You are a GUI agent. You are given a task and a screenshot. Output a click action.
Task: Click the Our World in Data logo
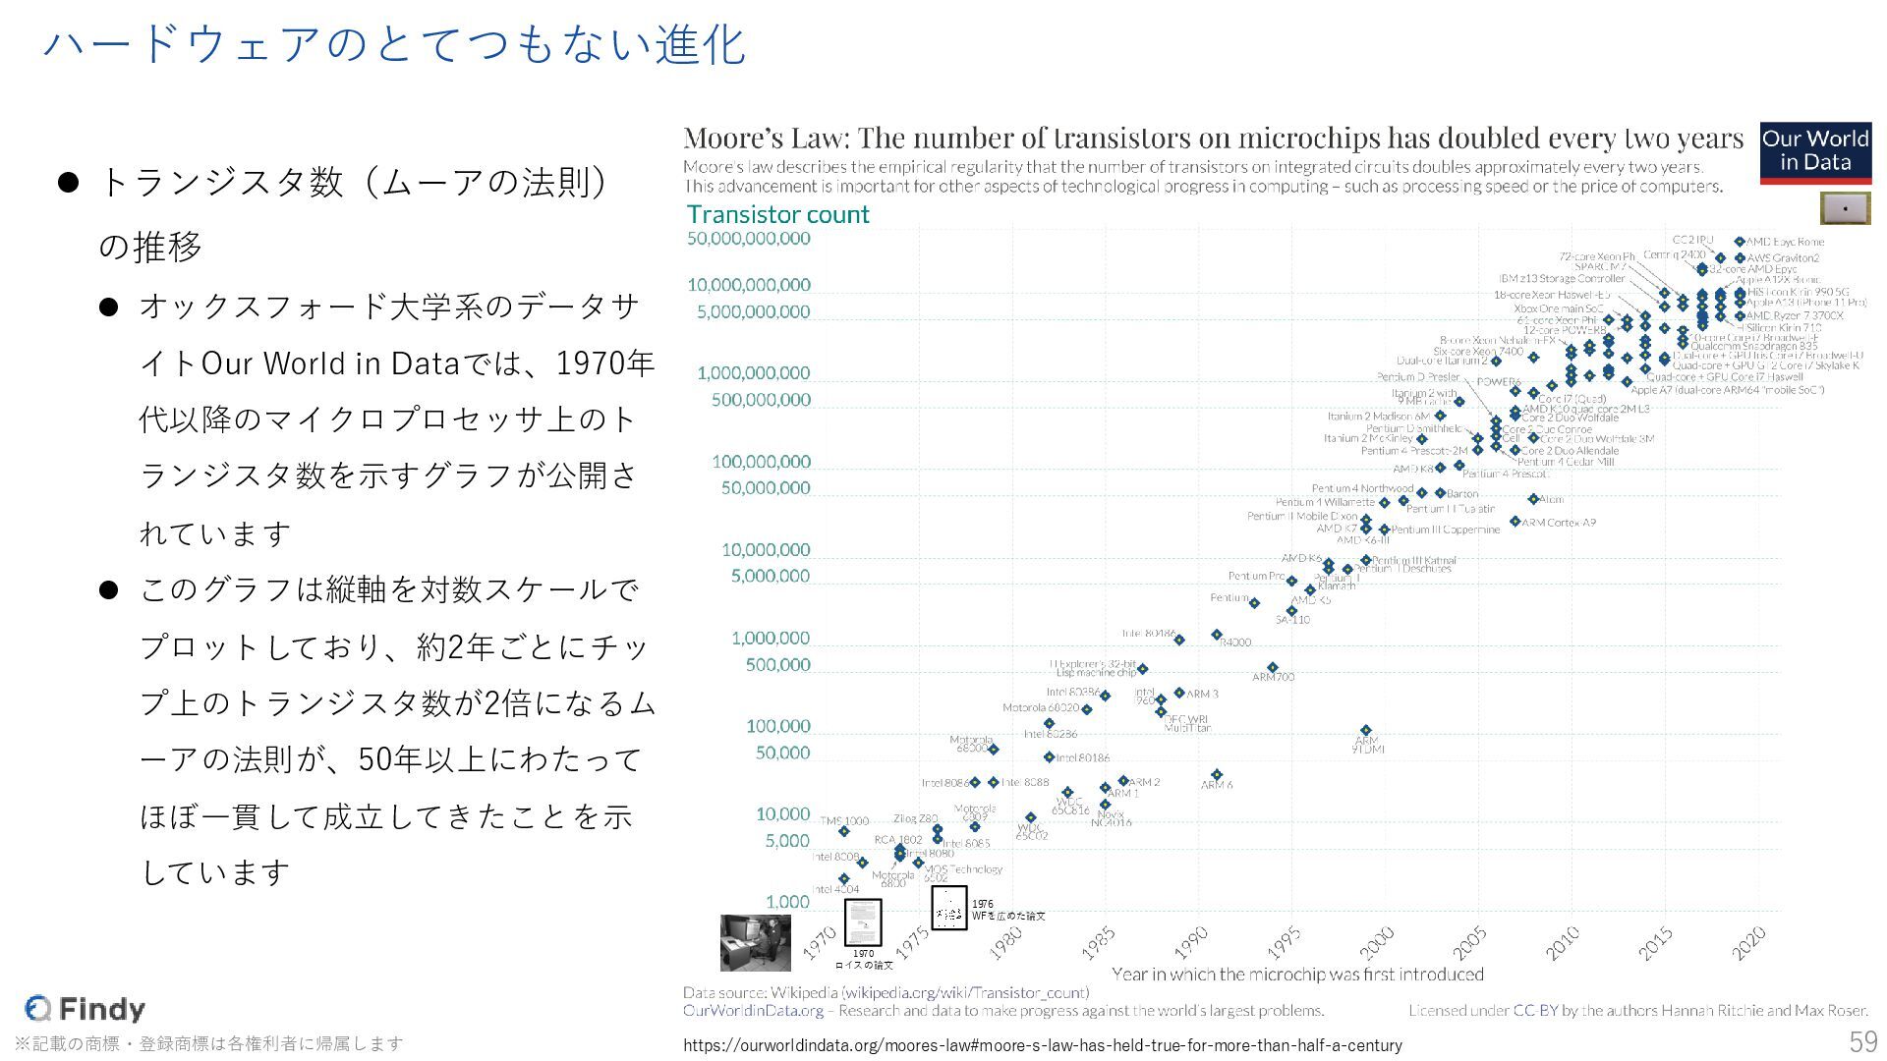1815,152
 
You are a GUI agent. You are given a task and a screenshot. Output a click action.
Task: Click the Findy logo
86,1008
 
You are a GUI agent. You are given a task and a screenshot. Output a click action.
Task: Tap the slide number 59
1862,1041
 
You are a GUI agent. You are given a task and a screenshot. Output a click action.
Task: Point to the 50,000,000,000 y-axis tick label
749,239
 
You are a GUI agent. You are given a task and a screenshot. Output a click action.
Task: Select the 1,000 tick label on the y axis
787,902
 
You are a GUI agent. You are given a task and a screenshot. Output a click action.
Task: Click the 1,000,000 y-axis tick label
771,639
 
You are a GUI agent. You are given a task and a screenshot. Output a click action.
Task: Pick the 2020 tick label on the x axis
1749,943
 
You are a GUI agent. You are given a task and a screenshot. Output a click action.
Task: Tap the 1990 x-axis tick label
1191,943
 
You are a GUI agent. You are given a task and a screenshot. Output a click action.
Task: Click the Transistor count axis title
777,214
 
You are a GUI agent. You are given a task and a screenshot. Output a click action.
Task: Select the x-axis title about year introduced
1297,975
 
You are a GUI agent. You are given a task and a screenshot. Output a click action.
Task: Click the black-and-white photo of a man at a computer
755,942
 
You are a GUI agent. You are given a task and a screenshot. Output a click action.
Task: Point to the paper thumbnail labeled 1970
863,922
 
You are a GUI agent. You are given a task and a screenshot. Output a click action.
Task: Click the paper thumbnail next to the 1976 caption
948,908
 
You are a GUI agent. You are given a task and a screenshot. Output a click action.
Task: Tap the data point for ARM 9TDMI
1365,731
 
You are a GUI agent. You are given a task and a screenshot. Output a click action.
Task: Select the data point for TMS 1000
844,832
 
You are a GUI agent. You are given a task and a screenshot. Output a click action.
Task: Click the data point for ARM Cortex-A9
1515,522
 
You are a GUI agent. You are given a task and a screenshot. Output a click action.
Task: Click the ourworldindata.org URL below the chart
1042,1045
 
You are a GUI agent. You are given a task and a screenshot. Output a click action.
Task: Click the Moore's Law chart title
1213,138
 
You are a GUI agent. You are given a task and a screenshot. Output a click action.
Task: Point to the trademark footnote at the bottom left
208,1043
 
